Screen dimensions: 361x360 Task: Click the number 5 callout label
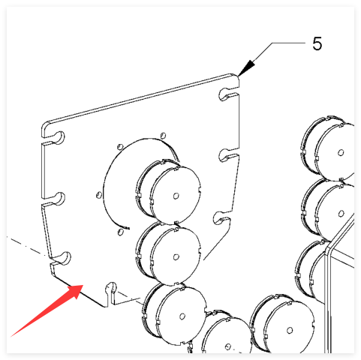tap(317, 43)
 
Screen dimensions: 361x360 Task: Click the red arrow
tap(47, 310)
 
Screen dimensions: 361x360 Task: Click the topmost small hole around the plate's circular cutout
tap(163, 135)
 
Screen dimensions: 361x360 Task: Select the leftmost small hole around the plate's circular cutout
tap(99, 195)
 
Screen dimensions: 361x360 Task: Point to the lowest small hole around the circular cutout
tap(121, 232)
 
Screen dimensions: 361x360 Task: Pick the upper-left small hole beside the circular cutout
tap(120, 146)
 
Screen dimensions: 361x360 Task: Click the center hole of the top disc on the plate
tap(176, 196)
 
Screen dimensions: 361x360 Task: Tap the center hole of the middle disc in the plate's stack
tap(176, 256)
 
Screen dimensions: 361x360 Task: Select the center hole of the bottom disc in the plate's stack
tap(182, 316)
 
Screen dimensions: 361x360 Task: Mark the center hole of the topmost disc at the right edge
tap(341, 152)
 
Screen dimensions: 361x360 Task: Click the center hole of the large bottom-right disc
tap(290, 330)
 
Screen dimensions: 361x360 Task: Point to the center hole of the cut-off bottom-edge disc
tap(227, 346)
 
